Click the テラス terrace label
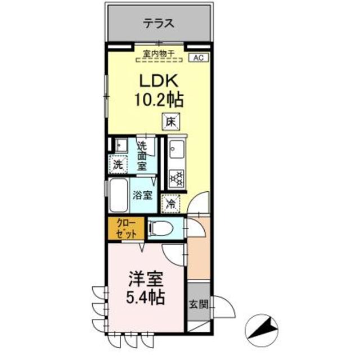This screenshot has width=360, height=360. click(x=157, y=24)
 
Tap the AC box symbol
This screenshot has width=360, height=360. click(x=198, y=57)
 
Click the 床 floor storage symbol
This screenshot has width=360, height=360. click(x=170, y=120)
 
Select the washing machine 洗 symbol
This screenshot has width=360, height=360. click(x=118, y=165)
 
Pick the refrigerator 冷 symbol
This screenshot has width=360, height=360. click(x=170, y=204)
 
